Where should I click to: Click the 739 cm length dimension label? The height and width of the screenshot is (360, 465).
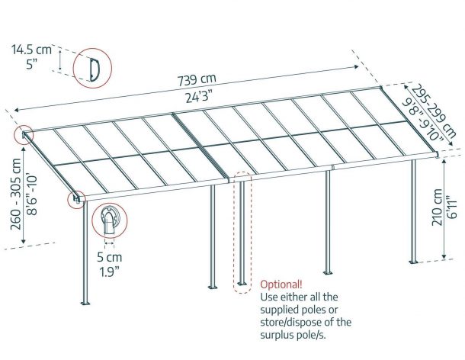(x=197, y=80)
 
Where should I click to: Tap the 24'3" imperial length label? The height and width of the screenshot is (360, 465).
(x=200, y=96)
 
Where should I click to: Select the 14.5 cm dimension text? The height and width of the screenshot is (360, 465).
(x=32, y=50)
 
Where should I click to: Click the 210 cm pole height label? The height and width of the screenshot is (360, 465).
(x=437, y=207)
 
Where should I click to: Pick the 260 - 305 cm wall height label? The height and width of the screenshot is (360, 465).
(x=16, y=194)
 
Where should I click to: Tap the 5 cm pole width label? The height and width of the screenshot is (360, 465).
(x=110, y=257)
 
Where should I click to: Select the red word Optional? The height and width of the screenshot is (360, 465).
(x=281, y=284)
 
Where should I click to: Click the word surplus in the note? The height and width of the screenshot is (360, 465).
(x=277, y=335)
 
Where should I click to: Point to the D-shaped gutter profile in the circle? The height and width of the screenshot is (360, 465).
(x=95, y=69)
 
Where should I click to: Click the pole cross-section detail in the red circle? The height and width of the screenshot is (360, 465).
(x=110, y=221)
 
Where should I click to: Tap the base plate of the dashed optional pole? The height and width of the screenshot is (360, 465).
(x=242, y=284)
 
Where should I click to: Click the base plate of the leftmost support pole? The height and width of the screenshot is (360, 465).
(x=85, y=304)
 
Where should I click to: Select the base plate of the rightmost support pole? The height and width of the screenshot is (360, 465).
(x=413, y=262)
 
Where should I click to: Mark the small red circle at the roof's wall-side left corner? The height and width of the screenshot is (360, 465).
(x=24, y=135)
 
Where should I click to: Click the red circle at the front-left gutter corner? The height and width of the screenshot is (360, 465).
(x=76, y=199)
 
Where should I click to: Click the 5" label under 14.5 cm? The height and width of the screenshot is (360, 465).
(x=31, y=64)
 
